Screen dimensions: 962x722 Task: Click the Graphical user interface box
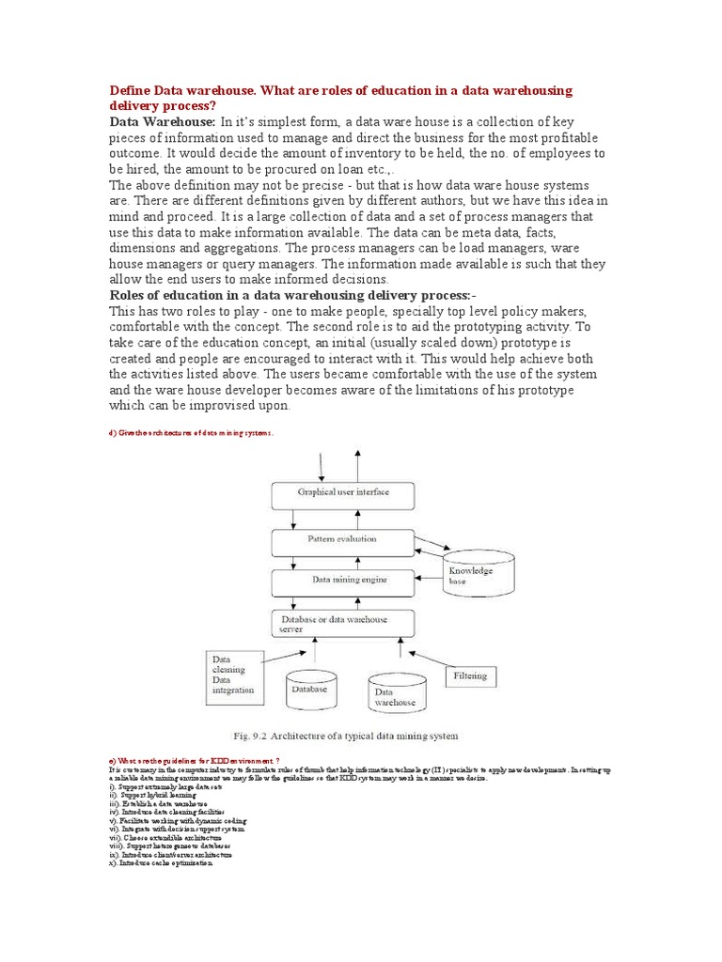pyautogui.click(x=342, y=492)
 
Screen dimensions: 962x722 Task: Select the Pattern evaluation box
pyautogui.click(x=342, y=540)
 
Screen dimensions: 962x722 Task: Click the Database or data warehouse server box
pyautogui.click(x=342, y=624)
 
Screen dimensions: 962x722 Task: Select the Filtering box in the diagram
pyautogui.click(x=471, y=675)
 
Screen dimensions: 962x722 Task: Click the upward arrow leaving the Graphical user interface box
pyautogui.click(x=356, y=464)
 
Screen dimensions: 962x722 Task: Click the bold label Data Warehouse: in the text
pyautogui.click(x=164, y=121)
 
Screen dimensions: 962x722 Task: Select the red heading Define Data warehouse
pyautogui.click(x=341, y=98)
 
